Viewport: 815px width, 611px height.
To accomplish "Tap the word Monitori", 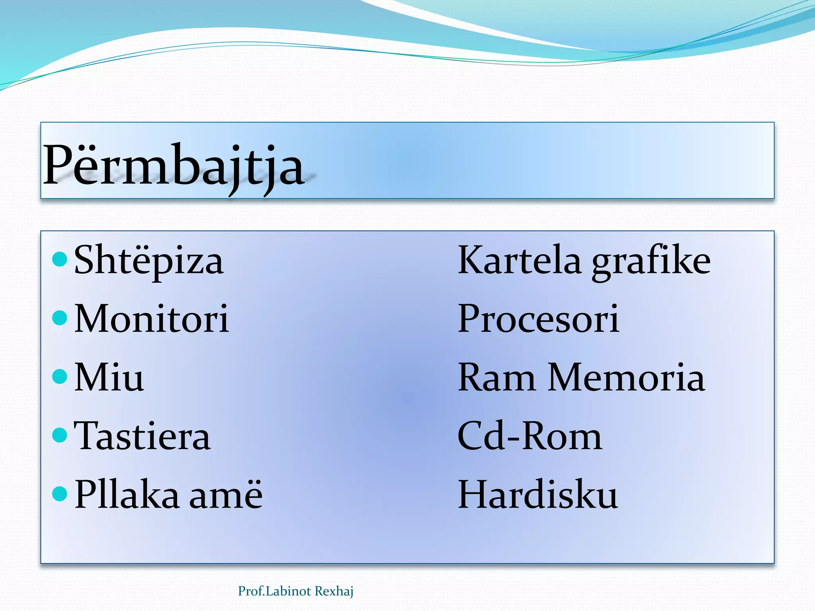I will pos(151,319).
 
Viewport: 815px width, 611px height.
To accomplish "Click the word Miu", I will pos(109,377).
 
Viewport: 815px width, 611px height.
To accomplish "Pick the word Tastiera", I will pos(142,436).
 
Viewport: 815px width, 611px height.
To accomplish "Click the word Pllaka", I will pos(127,495).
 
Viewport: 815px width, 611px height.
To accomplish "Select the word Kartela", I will pos(519,260).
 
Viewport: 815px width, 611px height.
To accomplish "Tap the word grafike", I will pos(651,263).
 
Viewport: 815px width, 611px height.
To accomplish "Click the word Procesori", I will pos(538,319).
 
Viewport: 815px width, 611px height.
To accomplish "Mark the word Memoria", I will pos(626,377).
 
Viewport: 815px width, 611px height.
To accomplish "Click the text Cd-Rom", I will pos(530,436).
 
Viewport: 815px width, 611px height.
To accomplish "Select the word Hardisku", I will pos(538,495).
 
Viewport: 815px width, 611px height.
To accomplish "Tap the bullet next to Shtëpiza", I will pos(60,259).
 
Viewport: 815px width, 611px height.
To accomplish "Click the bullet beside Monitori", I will pos(60,318).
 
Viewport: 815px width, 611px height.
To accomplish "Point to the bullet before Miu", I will pos(60,376).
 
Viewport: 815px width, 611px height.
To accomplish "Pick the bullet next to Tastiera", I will pos(60,435).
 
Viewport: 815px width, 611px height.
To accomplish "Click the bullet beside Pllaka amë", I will pos(60,494).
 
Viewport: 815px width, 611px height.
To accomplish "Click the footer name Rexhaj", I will pos(333,591).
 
